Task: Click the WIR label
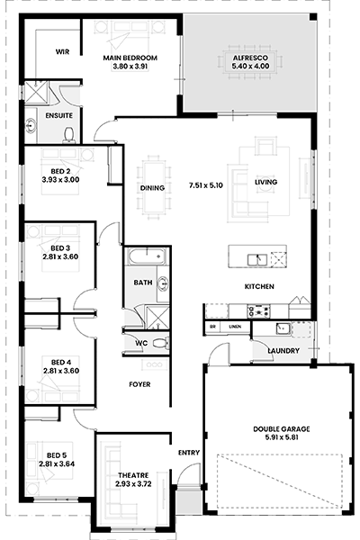[62, 51]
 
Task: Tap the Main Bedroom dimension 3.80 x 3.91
[130, 66]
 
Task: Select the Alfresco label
[250, 58]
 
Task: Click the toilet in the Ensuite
[69, 135]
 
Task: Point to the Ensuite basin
[31, 125]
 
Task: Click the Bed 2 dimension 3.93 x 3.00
[60, 179]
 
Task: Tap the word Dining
[152, 188]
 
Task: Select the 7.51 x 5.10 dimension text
[206, 185]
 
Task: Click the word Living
[266, 182]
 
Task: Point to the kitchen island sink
[257, 260]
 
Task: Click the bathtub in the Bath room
[147, 256]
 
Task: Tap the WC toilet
[160, 343]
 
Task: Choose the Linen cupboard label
[235, 327]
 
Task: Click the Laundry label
[283, 351]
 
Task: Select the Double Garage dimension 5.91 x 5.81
[281, 437]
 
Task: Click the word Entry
[189, 453]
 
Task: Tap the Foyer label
[139, 384]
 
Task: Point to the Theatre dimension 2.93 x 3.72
[133, 484]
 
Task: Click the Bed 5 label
[57, 455]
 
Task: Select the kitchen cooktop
[258, 311]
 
